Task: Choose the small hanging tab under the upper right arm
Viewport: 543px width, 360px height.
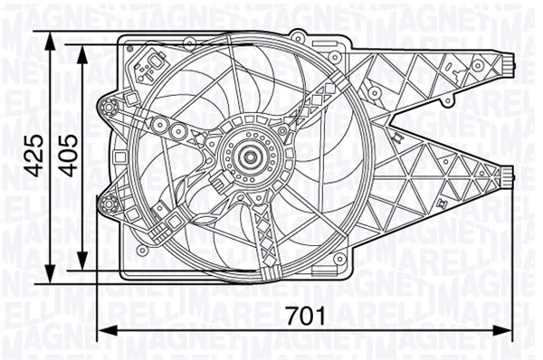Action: (398, 137)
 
